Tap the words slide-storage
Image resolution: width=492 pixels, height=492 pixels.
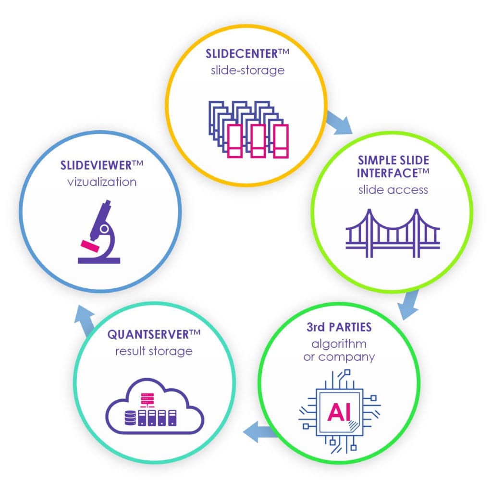tap(247, 70)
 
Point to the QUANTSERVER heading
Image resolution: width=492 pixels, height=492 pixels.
tap(149, 333)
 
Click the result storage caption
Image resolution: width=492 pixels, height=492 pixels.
tap(154, 351)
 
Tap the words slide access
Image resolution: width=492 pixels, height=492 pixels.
tap(393, 189)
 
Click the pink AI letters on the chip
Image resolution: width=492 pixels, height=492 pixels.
tap(339, 412)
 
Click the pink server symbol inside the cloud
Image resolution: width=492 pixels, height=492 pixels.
tap(145, 398)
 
